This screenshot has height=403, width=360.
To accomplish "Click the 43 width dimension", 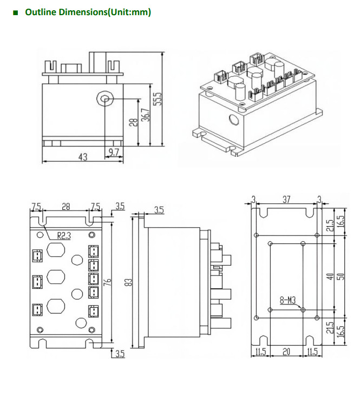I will pyautogui.click(x=83, y=157).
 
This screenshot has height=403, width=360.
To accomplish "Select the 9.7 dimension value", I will pyautogui.click(x=114, y=153).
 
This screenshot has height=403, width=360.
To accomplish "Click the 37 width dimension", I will pyautogui.click(x=286, y=200).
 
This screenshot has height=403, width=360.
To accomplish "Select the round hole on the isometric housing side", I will pyautogui.click(x=234, y=120).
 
